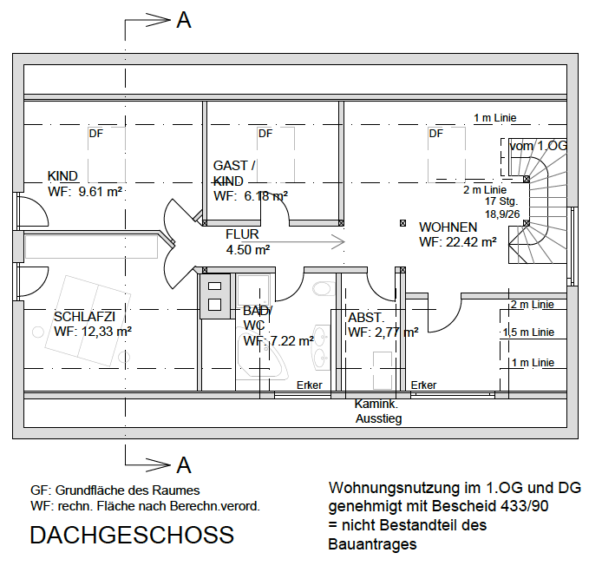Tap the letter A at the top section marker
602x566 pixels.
click(x=183, y=21)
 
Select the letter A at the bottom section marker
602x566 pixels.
click(x=183, y=466)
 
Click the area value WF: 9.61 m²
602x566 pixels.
click(x=85, y=193)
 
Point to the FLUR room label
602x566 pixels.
click(x=242, y=234)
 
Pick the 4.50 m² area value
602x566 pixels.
click(x=248, y=250)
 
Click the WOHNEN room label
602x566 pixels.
click(x=448, y=227)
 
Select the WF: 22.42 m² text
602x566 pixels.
click(x=457, y=242)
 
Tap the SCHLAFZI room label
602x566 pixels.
click(x=84, y=316)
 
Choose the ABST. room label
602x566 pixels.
click(x=366, y=317)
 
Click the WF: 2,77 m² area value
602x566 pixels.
click(x=383, y=332)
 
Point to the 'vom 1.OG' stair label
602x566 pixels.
click(x=538, y=146)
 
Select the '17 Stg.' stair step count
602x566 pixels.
click(x=502, y=201)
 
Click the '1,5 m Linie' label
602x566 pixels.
click(x=528, y=332)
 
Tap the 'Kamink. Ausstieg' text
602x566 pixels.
click(x=378, y=411)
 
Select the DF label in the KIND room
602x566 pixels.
click(x=95, y=134)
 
